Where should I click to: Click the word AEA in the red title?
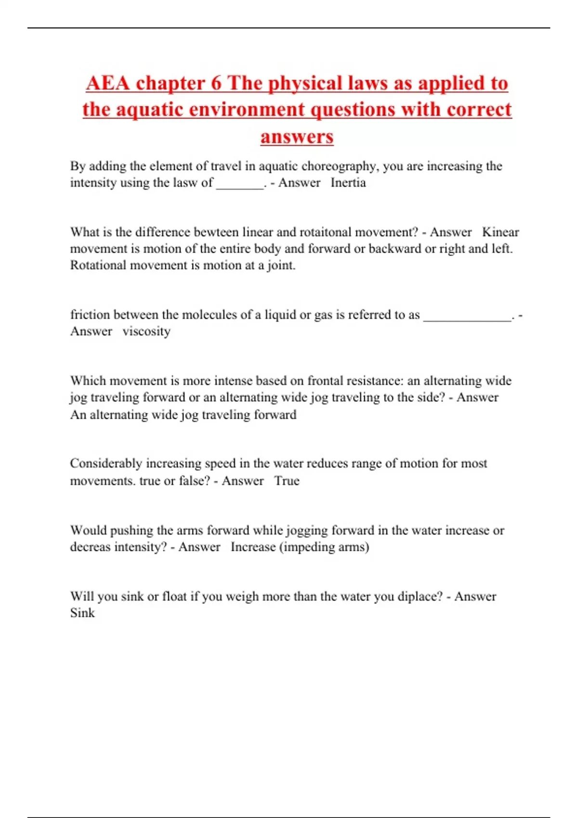pyautogui.click(x=108, y=83)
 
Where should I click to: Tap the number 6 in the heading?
pyautogui.click(x=216, y=83)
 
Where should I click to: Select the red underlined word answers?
pyautogui.click(x=297, y=137)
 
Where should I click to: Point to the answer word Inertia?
pyautogui.click(x=348, y=183)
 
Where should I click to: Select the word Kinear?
pyautogui.click(x=500, y=232)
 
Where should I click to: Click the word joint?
pyautogui.click(x=281, y=266)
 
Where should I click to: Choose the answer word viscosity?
pyautogui.click(x=146, y=332)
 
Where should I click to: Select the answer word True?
pyautogui.click(x=287, y=481)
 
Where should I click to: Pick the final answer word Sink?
pyautogui.click(x=82, y=613)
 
